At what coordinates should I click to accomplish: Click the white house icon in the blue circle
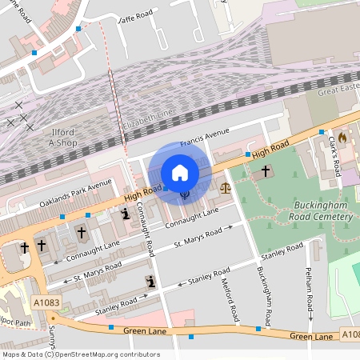tap(180, 173)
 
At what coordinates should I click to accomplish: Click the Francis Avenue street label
tap(205, 138)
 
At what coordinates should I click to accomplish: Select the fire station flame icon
tap(343, 138)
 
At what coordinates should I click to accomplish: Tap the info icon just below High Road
tap(125, 214)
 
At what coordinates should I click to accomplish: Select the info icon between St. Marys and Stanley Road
tap(150, 281)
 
